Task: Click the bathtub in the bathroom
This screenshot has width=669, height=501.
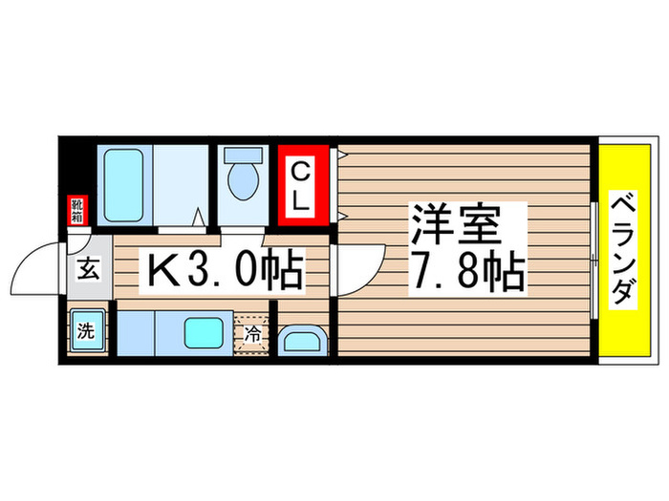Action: pos(124,183)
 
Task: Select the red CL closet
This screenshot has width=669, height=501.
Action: pos(301,185)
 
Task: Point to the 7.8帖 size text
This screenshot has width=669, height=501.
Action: pos(468,274)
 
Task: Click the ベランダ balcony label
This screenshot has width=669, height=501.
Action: pos(624,250)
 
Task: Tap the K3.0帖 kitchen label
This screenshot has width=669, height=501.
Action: pos(224,271)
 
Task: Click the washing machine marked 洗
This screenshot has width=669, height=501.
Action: pos(87,332)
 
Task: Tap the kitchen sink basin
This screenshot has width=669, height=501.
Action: pos(206,333)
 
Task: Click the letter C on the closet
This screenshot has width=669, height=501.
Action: pos(300,173)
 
